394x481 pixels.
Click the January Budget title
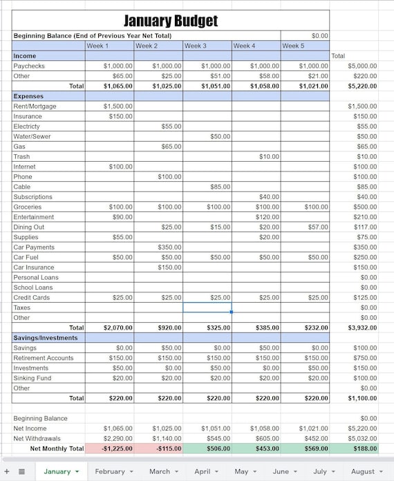(x=171, y=20)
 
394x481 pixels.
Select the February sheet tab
(x=110, y=471)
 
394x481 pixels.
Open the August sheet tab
(x=362, y=471)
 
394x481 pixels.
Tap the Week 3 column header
(x=207, y=46)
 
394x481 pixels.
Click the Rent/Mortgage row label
(x=35, y=106)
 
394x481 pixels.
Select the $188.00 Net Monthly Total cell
(x=354, y=449)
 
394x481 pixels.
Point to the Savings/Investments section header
(x=45, y=338)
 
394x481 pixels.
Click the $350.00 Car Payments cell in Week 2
(x=158, y=247)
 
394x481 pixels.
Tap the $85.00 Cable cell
(x=207, y=187)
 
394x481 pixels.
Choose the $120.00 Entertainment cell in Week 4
(x=256, y=217)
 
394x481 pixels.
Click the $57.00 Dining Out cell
(x=305, y=227)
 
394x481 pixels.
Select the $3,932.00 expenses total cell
(x=354, y=328)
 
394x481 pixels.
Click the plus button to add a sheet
(x=7, y=471)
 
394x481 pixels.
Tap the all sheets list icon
(x=21, y=471)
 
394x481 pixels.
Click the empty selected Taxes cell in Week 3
(x=207, y=308)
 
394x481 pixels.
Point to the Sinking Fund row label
(x=32, y=378)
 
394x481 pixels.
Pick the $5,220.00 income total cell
(x=354, y=86)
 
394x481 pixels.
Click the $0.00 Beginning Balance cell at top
(x=305, y=35)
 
